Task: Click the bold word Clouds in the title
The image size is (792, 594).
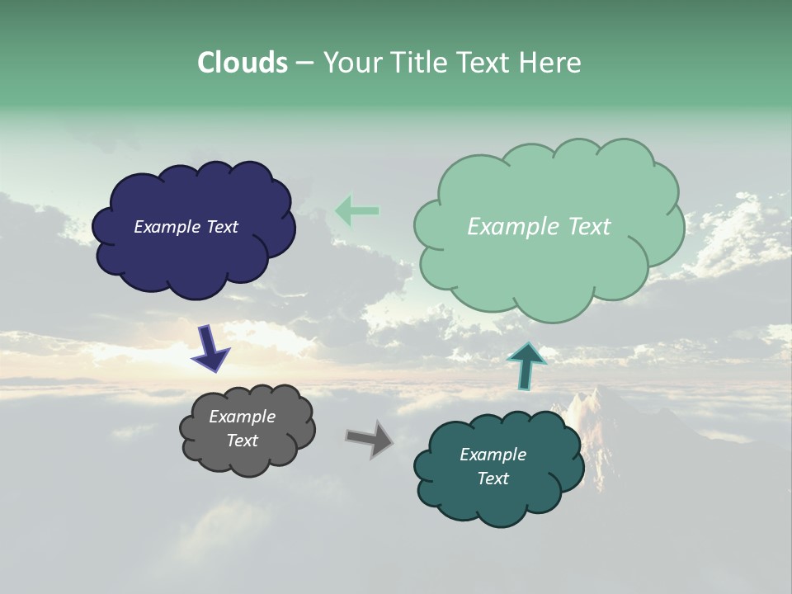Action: [242, 63]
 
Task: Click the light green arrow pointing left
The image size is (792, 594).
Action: [357, 211]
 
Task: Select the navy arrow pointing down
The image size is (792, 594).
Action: [210, 347]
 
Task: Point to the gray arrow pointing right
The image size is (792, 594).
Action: [370, 438]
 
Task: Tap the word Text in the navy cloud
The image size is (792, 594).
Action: [222, 227]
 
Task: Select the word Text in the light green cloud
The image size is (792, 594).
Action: [589, 227]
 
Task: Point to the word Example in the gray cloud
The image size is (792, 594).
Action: [242, 417]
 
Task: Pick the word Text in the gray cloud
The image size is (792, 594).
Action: [242, 441]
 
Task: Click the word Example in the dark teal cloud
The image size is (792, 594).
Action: [493, 455]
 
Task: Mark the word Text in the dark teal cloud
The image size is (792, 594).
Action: [493, 478]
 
